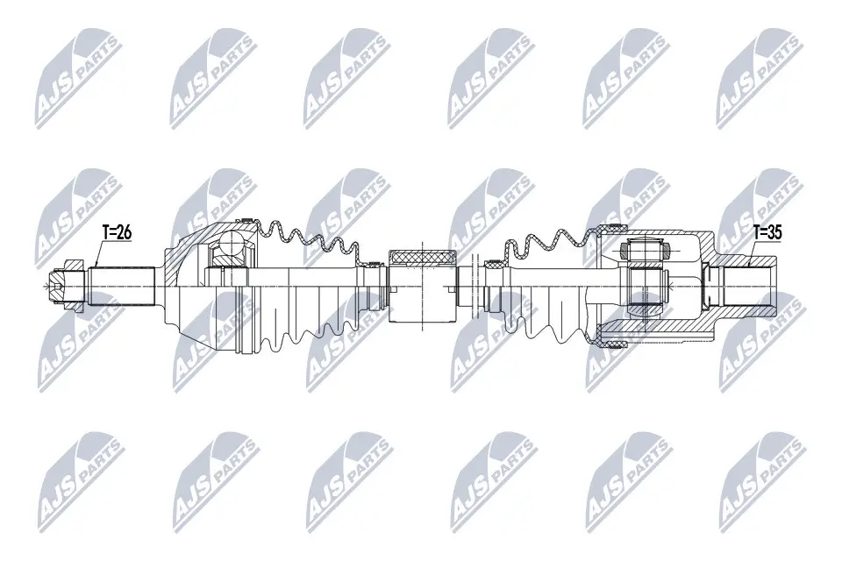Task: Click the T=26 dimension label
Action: (117, 232)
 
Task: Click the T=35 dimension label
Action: (767, 232)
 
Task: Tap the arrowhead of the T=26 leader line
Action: (96, 266)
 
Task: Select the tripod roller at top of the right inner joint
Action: (645, 249)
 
